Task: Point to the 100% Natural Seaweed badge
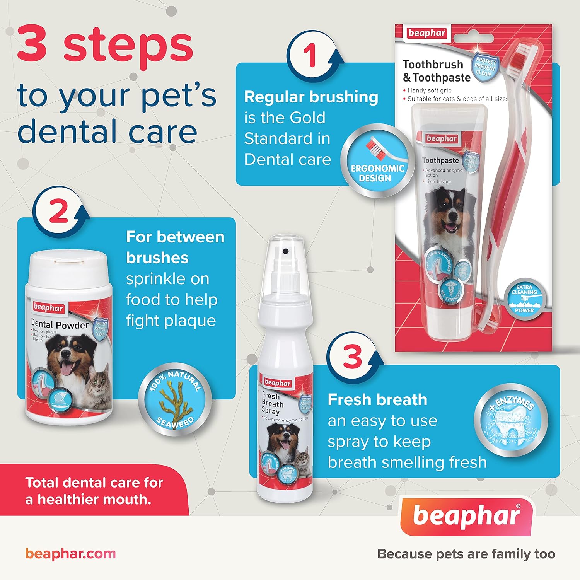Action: click(x=175, y=399)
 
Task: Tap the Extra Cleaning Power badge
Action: click(x=524, y=299)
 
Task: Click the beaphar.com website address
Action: click(x=71, y=553)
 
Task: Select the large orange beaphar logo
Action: click(x=466, y=516)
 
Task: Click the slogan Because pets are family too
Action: click(x=466, y=554)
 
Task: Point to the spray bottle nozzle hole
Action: click(x=285, y=251)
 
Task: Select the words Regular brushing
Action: click(x=311, y=97)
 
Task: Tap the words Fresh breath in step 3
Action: click(x=377, y=400)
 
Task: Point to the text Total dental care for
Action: click(x=94, y=483)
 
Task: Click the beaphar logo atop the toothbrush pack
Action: click(x=427, y=33)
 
